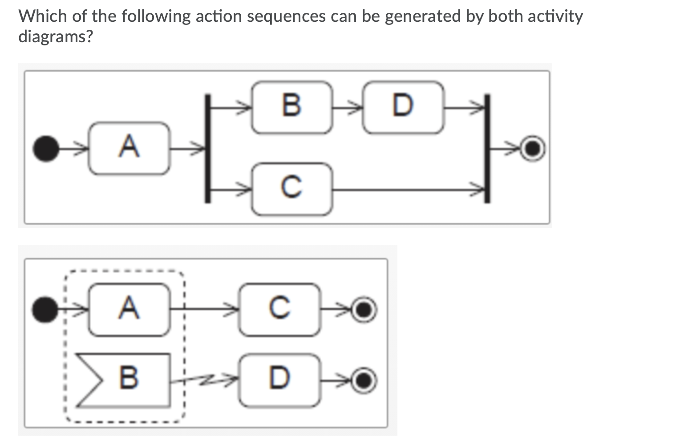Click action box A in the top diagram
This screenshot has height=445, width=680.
(x=129, y=148)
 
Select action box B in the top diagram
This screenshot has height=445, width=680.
(x=292, y=107)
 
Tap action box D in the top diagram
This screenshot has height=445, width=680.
(x=403, y=107)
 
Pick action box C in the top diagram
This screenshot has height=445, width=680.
(x=292, y=189)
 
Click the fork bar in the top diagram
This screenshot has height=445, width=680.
(x=207, y=148)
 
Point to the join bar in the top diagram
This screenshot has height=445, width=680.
(x=487, y=148)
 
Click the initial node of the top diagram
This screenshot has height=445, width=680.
(x=46, y=149)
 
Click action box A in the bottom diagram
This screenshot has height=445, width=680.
(x=129, y=309)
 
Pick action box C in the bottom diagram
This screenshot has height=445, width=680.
(x=279, y=309)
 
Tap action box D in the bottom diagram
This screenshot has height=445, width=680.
(x=279, y=380)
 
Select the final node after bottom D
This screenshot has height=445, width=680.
(x=364, y=380)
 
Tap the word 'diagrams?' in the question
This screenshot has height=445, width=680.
(x=56, y=36)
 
